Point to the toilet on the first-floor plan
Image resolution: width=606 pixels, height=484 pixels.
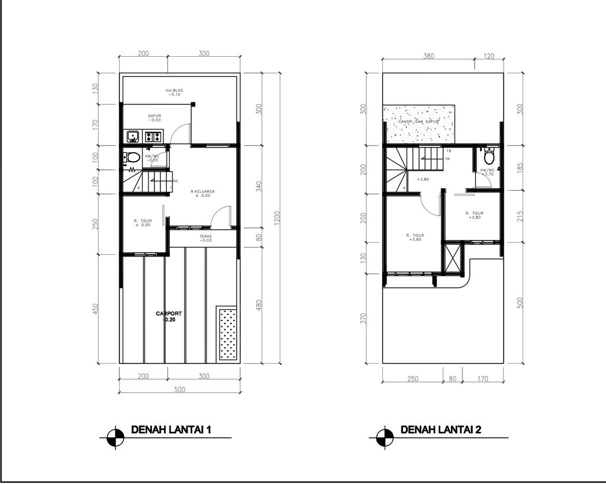[133, 157]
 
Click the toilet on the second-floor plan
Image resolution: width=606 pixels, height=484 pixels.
[489, 158]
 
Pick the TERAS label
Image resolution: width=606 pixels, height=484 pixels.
[205, 238]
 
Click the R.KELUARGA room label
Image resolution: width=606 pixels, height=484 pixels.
[202, 194]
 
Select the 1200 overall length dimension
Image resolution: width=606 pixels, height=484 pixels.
[277, 217]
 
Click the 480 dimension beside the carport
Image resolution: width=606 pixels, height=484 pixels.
[259, 305]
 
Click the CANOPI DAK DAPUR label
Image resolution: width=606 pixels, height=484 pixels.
[418, 121]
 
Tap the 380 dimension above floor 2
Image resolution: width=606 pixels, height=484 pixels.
[429, 57]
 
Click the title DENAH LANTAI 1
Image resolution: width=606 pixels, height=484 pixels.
[171, 430]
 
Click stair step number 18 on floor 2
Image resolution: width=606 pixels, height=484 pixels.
[449, 151]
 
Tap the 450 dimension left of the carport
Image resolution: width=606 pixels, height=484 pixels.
[96, 309]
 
